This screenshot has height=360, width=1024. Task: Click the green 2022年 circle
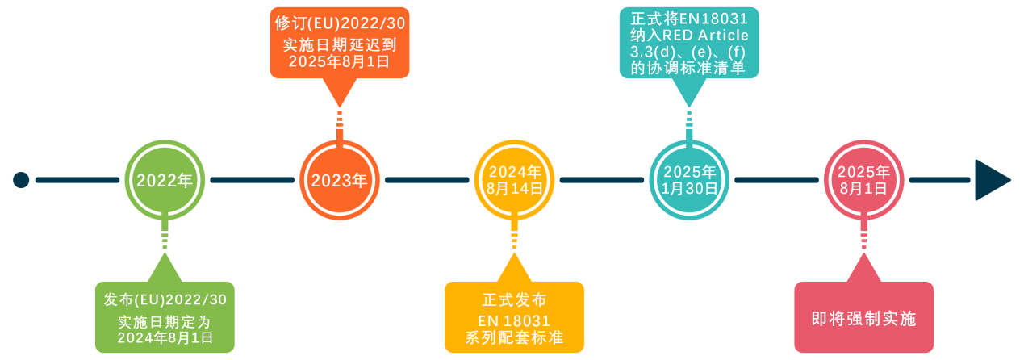click(165, 179)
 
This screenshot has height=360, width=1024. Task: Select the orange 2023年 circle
click(340, 179)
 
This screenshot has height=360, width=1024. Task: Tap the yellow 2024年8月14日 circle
click(514, 179)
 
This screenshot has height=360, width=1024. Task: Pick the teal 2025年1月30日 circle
click(689, 179)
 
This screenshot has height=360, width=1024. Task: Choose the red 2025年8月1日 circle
click(863, 179)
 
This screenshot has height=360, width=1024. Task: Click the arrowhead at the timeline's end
click(991, 179)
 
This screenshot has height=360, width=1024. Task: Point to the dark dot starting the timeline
click(21, 179)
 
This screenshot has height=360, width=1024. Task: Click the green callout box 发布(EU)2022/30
click(165, 317)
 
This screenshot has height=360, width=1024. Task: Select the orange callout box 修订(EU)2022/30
click(340, 42)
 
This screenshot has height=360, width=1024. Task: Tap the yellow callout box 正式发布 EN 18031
click(514, 317)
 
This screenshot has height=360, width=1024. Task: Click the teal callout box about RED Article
click(689, 42)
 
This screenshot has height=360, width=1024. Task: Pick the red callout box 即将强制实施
click(863, 317)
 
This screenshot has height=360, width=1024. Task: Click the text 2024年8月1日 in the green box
click(165, 338)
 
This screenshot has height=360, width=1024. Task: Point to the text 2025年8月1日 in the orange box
click(340, 62)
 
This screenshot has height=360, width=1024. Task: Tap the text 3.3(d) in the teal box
click(653, 52)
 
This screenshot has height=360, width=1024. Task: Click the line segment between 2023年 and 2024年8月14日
click(427, 179)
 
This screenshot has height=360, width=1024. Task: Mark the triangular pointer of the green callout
click(165, 268)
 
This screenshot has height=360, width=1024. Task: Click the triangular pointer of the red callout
click(863, 268)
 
